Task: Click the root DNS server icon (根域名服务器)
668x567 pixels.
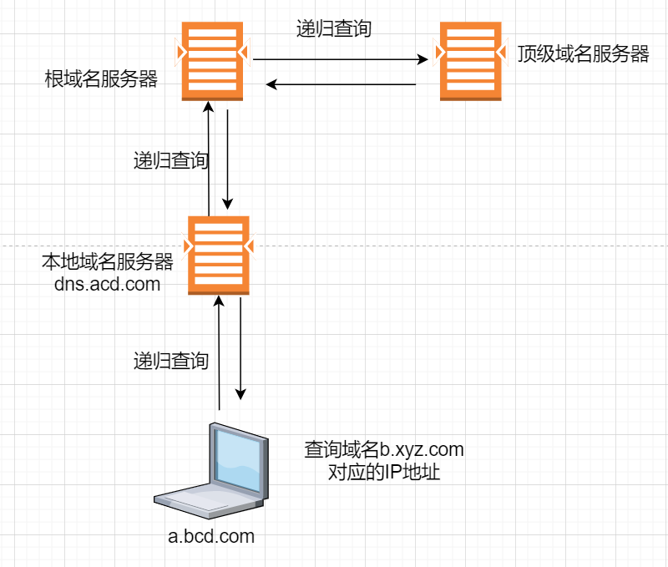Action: coord(212,60)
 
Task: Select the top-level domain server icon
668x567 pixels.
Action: coord(471,60)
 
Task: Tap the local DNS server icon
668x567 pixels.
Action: coord(218,254)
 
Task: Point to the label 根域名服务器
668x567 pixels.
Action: coord(101,80)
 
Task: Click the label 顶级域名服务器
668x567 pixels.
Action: coord(583,54)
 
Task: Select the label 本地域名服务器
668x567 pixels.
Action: coord(107,261)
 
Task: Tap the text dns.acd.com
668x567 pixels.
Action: coord(107,284)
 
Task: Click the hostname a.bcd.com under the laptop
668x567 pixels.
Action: coord(211,535)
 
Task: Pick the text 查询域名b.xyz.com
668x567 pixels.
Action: coord(383,450)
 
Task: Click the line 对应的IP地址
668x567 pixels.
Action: coord(384,473)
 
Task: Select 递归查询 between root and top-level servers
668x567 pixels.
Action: coord(334,28)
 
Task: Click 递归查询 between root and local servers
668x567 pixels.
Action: coord(170,160)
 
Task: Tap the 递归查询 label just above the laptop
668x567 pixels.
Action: coord(170,361)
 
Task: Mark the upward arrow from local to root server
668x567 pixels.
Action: coord(208,159)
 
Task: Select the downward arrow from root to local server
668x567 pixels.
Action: coord(227,159)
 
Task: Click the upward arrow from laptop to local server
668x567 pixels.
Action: coord(219,351)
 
